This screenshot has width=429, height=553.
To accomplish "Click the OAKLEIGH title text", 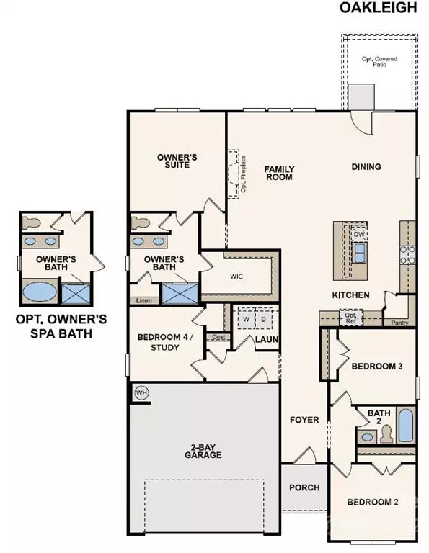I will click(379, 9).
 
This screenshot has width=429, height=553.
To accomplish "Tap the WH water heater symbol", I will click(141, 393).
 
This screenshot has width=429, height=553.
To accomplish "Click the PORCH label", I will click(304, 487).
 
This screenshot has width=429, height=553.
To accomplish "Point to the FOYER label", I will click(304, 420).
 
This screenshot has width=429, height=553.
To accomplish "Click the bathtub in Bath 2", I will click(406, 425).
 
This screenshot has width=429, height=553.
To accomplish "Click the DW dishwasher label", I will click(358, 234).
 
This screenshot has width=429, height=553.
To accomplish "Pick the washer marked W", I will click(245, 318).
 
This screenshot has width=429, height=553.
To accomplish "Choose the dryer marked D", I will click(262, 318).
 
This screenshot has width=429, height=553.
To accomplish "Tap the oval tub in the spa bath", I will click(39, 293).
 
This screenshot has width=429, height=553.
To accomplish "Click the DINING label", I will click(366, 167).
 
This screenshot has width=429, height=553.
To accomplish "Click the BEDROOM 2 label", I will click(372, 503).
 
